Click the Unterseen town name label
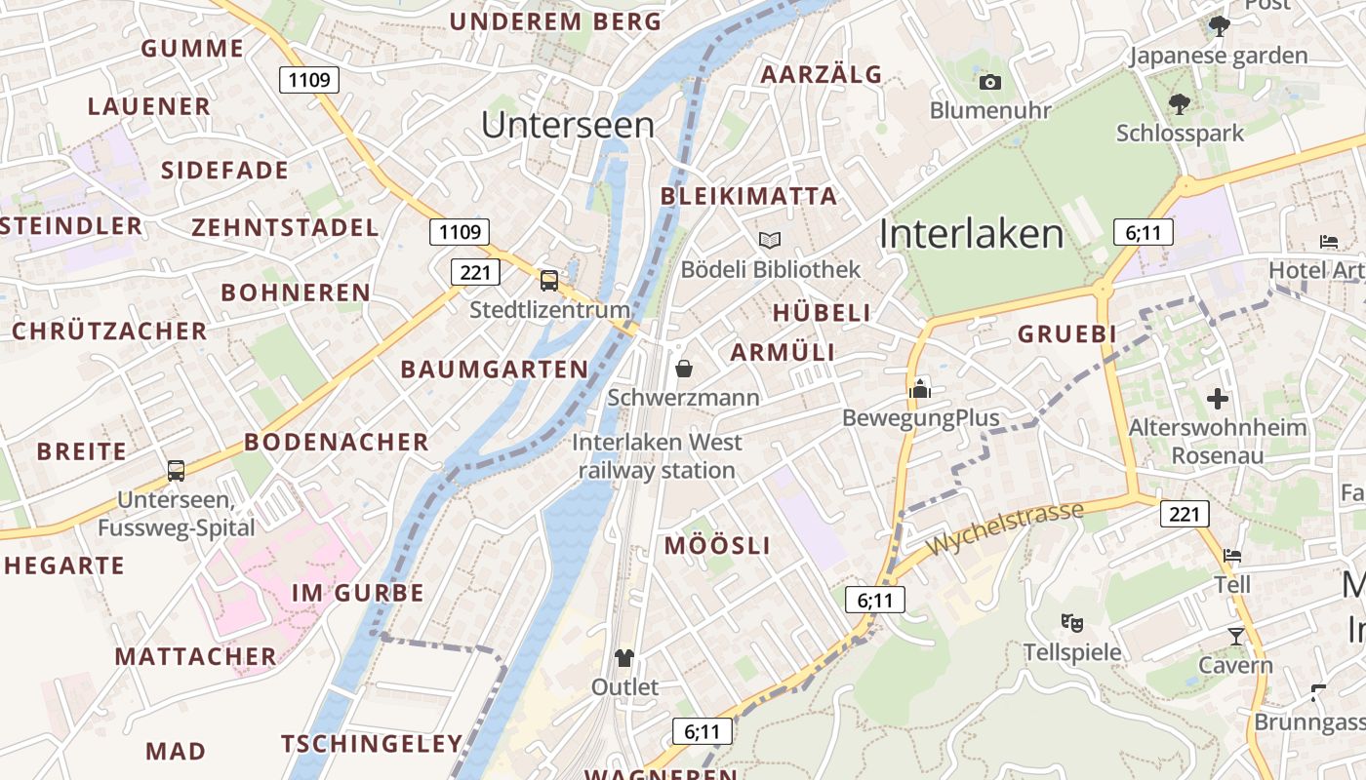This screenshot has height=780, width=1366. [x=568, y=125]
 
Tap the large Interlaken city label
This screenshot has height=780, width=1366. [x=971, y=234]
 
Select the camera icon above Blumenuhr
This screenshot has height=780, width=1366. [x=990, y=82]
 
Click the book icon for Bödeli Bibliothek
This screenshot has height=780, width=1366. [x=770, y=240]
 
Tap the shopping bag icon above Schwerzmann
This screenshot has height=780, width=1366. [x=684, y=369]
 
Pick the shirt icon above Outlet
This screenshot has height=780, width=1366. [x=624, y=658]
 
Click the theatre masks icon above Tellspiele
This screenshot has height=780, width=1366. [x=1072, y=622]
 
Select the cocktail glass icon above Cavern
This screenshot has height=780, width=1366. [x=1236, y=637]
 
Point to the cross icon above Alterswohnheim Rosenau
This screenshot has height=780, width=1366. [x=1217, y=398]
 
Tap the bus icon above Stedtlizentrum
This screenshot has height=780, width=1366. [x=549, y=281]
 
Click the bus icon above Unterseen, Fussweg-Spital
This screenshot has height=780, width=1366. [x=176, y=471]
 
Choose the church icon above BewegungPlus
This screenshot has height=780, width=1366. [x=920, y=389]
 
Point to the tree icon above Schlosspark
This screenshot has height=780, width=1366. [x=1180, y=102]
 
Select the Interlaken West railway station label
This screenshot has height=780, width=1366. [x=657, y=456]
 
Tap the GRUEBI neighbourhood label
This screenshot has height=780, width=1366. [x=1066, y=333]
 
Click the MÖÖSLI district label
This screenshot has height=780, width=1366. [x=717, y=546]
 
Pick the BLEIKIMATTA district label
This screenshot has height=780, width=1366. [x=748, y=196]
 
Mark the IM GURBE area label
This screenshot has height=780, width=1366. [x=358, y=593]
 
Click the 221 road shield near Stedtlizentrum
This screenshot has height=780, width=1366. [x=475, y=272]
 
